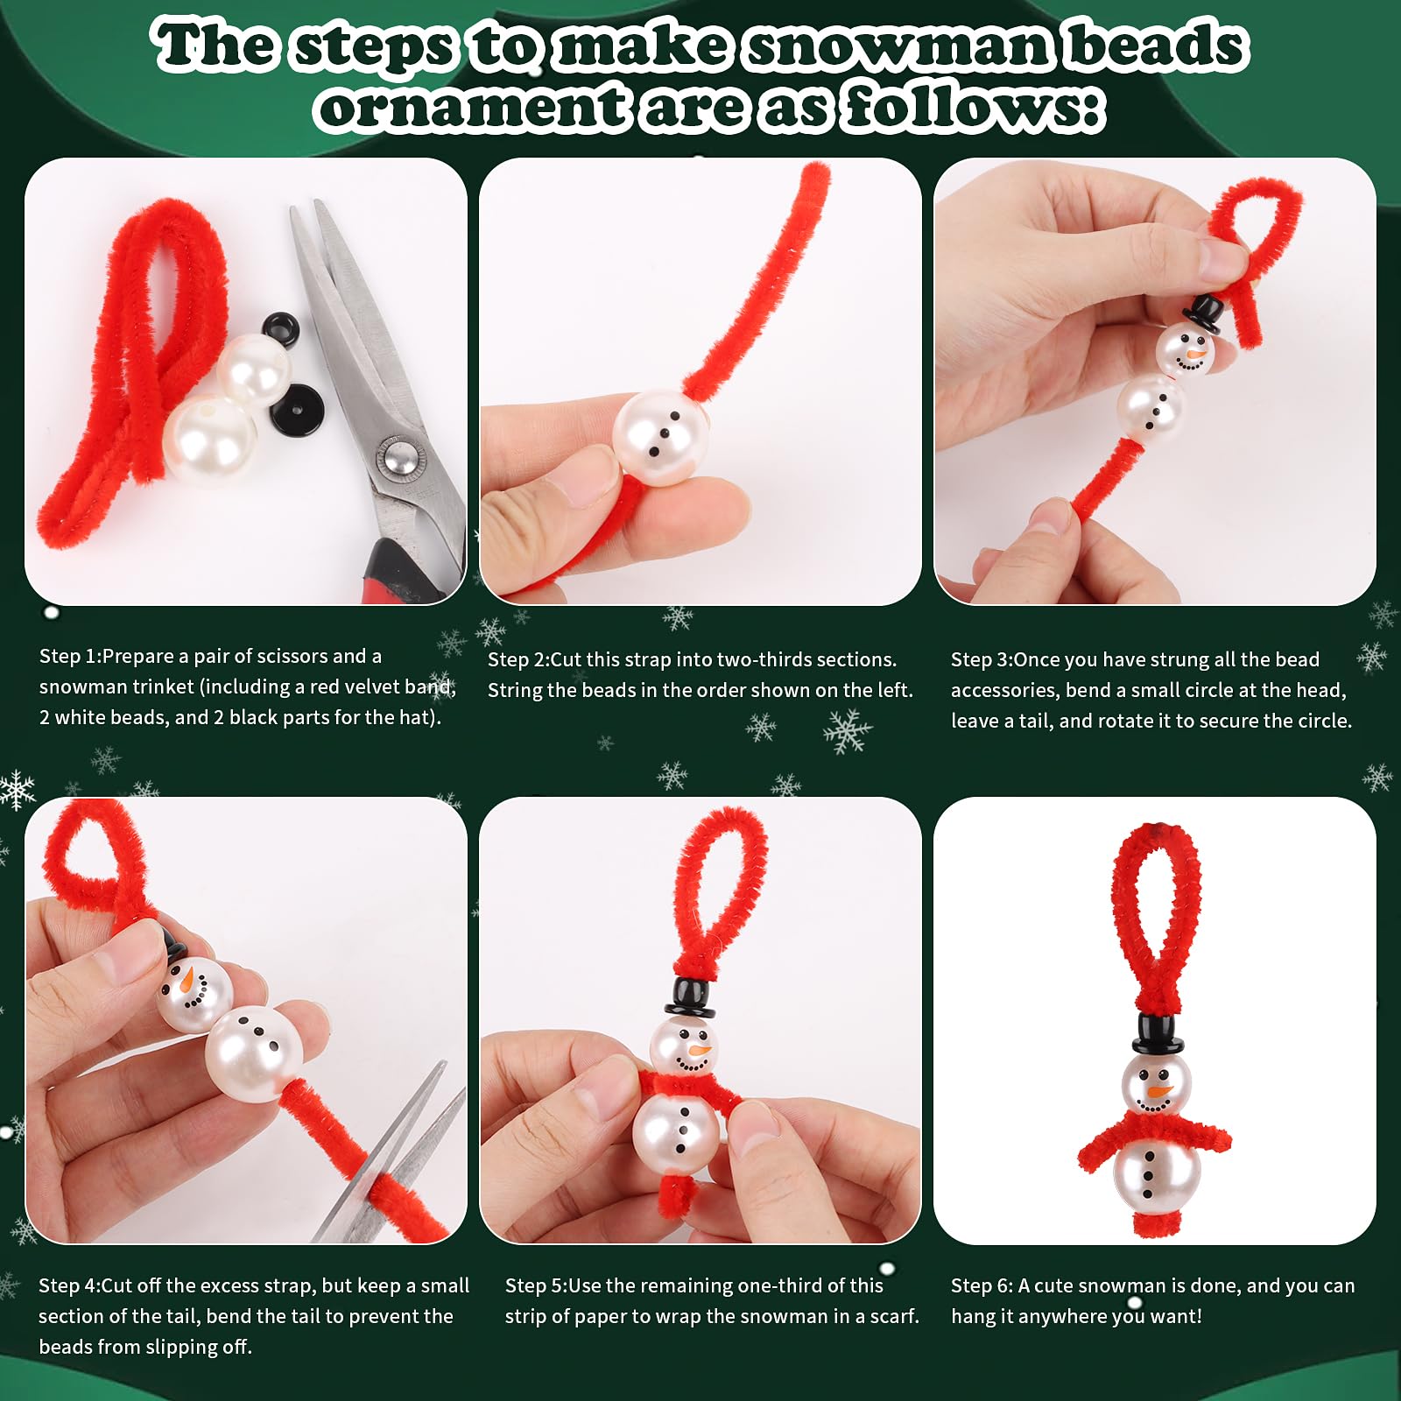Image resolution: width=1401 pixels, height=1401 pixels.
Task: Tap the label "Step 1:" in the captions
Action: (x=70, y=657)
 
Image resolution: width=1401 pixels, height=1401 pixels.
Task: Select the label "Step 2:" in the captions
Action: (x=518, y=660)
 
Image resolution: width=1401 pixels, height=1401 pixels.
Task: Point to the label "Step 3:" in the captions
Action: (x=982, y=660)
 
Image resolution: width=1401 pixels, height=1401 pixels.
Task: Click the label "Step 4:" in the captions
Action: (x=70, y=1286)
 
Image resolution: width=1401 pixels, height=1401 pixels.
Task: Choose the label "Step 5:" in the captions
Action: (x=536, y=1286)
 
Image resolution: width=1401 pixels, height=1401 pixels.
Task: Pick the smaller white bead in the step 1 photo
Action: (x=254, y=369)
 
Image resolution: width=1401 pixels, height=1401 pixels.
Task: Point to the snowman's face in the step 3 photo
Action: (x=1183, y=348)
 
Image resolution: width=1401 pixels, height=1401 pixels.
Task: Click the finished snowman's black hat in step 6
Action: (x=1158, y=1034)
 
